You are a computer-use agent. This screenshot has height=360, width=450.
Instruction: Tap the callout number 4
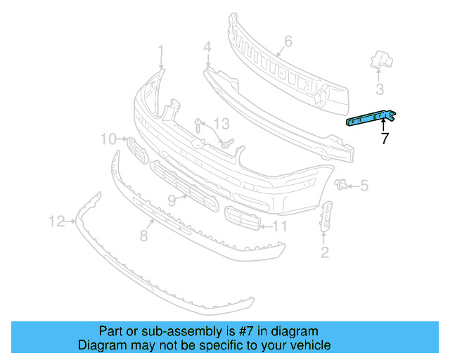click(207, 48)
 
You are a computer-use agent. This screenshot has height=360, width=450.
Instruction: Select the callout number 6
click(288, 41)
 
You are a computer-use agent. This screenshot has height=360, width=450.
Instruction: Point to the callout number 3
click(380, 89)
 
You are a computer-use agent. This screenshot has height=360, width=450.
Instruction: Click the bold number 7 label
click(385, 139)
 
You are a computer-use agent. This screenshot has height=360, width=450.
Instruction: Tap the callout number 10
click(108, 139)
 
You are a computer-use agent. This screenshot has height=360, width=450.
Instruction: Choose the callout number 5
click(364, 186)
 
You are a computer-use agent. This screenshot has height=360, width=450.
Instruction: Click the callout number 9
click(171, 200)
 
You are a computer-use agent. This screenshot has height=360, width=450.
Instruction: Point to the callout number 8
click(143, 236)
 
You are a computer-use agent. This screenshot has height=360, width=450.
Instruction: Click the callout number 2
click(324, 252)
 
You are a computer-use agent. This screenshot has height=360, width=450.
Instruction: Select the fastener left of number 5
click(342, 185)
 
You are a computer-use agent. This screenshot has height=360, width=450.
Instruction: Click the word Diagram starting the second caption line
click(103, 346)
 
